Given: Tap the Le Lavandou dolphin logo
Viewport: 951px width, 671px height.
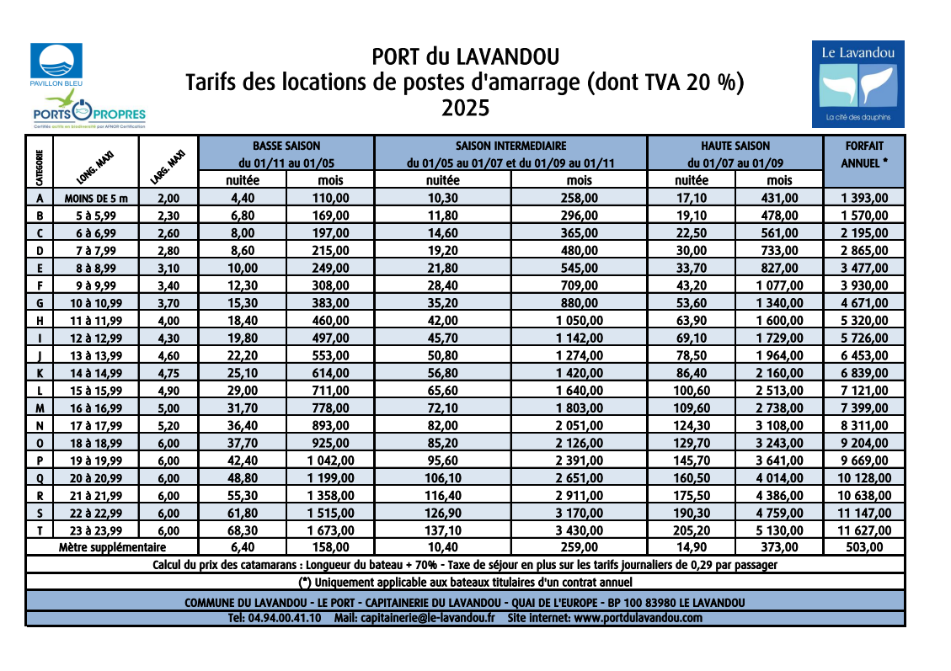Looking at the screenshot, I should pyautogui.click(x=858, y=83).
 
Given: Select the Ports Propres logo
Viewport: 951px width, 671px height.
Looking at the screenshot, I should pyautogui.click(x=89, y=113).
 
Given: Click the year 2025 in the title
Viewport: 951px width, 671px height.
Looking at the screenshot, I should pyautogui.click(x=465, y=109).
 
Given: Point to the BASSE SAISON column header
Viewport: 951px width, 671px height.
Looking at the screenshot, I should pyautogui.click(x=286, y=146).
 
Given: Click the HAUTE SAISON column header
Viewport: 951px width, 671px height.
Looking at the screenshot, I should pyautogui.click(x=735, y=146).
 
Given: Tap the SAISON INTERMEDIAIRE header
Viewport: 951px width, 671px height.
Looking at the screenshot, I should pyautogui.click(x=510, y=146).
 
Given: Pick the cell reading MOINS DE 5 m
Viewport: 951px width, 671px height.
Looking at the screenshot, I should pyautogui.click(x=96, y=199).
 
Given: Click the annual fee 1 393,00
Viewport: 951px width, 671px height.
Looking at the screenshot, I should pyautogui.click(x=863, y=199).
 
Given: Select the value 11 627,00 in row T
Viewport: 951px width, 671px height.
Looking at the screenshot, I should pyautogui.click(x=863, y=530).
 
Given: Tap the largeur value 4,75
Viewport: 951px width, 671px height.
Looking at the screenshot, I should pyautogui.click(x=168, y=374).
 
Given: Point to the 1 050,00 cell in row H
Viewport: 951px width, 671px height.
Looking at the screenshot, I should pyautogui.click(x=579, y=321).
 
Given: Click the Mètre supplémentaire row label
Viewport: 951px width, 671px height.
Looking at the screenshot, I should pyautogui.click(x=112, y=547).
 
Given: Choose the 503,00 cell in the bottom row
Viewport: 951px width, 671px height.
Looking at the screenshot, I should pyautogui.click(x=863, y=547).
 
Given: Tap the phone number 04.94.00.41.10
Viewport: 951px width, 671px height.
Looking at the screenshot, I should pyautogui.click(x=274, y=618).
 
